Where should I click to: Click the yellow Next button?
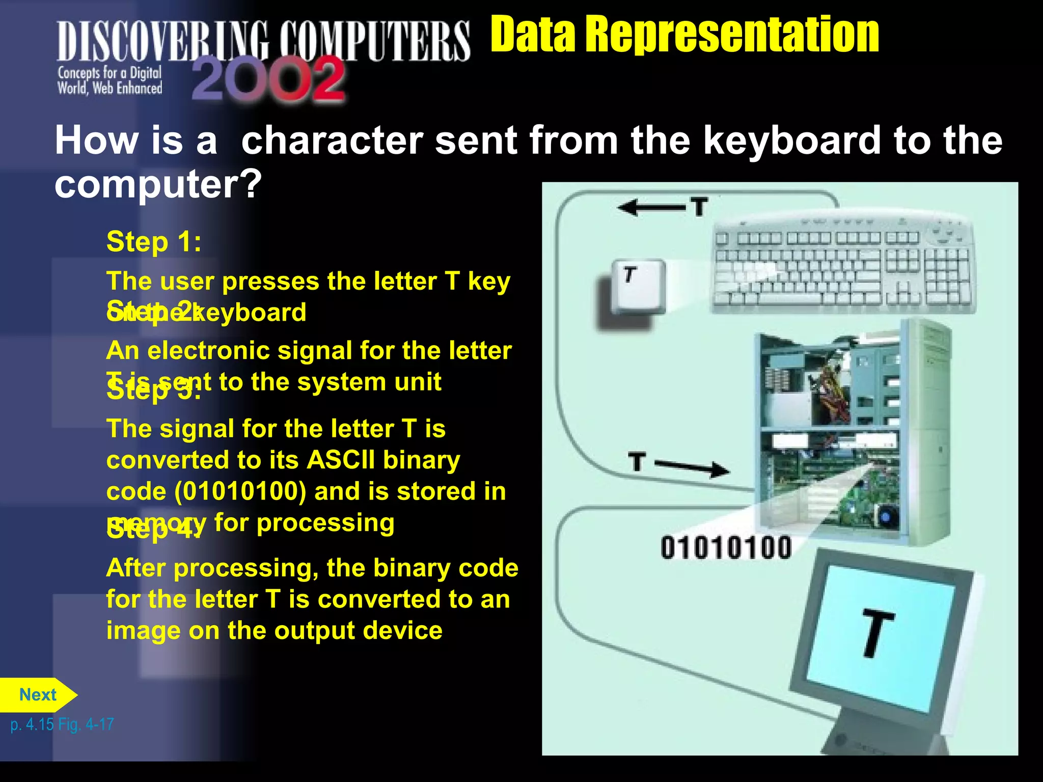pos(38,695)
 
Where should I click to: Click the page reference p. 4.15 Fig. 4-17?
pos(62,724)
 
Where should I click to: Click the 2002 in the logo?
pos(268,79)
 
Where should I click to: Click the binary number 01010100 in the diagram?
pos(726,548)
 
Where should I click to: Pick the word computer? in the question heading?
pos(158,184)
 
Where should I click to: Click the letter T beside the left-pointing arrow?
pos(699,207)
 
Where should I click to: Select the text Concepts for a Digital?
pos(109,73)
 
